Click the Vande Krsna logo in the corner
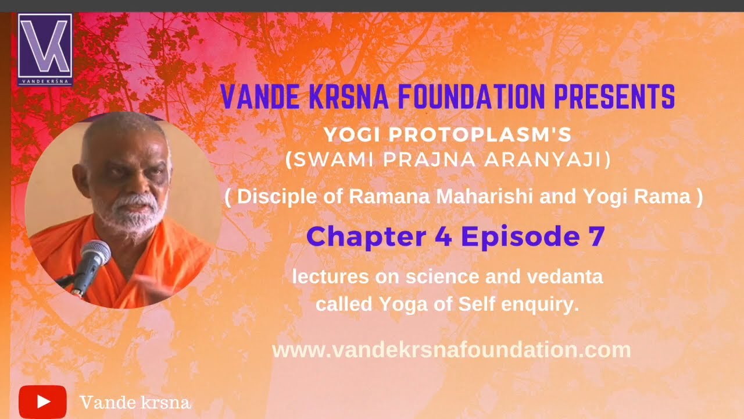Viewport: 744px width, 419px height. coord(45,49)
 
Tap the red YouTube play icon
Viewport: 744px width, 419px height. coord(42,402)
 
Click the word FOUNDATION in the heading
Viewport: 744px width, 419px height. coord(473,97)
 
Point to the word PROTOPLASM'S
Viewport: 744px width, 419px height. coord(480,135)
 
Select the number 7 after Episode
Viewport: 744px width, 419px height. coord(593,236)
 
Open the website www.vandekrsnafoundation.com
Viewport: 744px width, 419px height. coord(451,350)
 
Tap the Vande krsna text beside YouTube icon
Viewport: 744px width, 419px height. coord(135,402)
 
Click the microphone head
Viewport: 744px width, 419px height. coord(96,253)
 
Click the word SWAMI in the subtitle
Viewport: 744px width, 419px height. coord(323,161)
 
